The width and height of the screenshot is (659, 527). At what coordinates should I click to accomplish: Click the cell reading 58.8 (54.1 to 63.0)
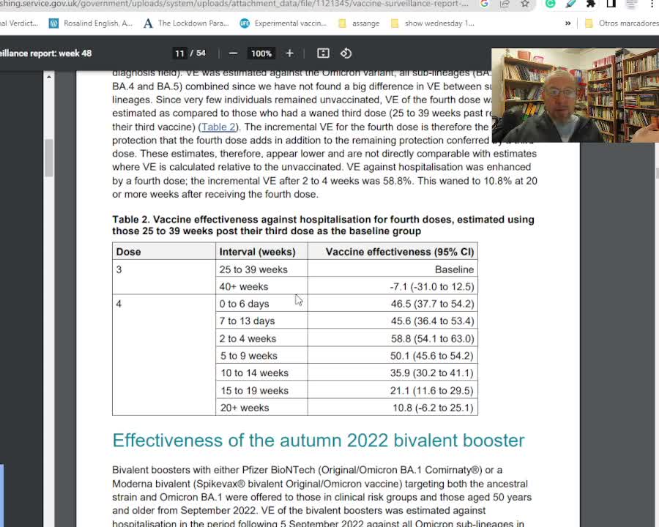[432, 338]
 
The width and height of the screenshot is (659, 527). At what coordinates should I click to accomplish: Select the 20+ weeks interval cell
[245, 408]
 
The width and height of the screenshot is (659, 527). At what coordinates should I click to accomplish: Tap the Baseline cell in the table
[454, 269]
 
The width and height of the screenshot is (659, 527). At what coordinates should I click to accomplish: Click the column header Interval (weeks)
[257, 252]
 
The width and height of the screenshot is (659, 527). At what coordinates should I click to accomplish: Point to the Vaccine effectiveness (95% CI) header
[400, 252]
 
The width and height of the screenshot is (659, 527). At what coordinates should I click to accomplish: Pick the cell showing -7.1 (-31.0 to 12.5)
[431, 286]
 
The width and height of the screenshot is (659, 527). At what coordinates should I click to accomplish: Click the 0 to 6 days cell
[244, 304]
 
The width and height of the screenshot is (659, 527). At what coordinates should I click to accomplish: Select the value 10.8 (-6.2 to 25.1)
[433, 408]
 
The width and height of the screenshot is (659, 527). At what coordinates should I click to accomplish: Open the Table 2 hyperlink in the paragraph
[218, 127]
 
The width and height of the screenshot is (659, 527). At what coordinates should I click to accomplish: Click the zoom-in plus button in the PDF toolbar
[289, 53]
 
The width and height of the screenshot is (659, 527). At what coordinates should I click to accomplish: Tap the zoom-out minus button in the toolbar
[233, 53]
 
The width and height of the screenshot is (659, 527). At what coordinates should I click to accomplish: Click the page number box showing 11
[179, 53]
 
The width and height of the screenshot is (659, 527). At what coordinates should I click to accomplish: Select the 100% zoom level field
[261, 53]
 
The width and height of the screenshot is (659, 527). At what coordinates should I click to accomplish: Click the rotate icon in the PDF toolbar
[346, 53]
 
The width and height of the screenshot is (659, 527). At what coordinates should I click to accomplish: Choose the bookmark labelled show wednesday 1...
[438, 23]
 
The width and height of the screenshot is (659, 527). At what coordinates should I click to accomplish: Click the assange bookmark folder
[365, 23]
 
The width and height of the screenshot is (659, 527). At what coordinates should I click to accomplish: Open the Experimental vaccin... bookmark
[290, 23]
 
